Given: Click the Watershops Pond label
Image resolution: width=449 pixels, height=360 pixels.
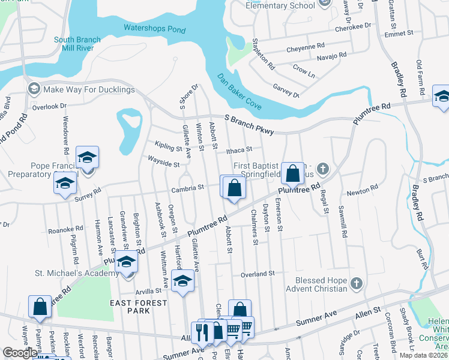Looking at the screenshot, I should [155, 28].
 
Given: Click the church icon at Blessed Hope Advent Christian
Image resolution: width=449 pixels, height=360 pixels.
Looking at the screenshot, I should [356, 282].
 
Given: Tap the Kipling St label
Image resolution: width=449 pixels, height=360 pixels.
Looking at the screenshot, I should [167, 147].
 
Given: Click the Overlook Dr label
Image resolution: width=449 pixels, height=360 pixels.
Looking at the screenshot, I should [49, 106].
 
